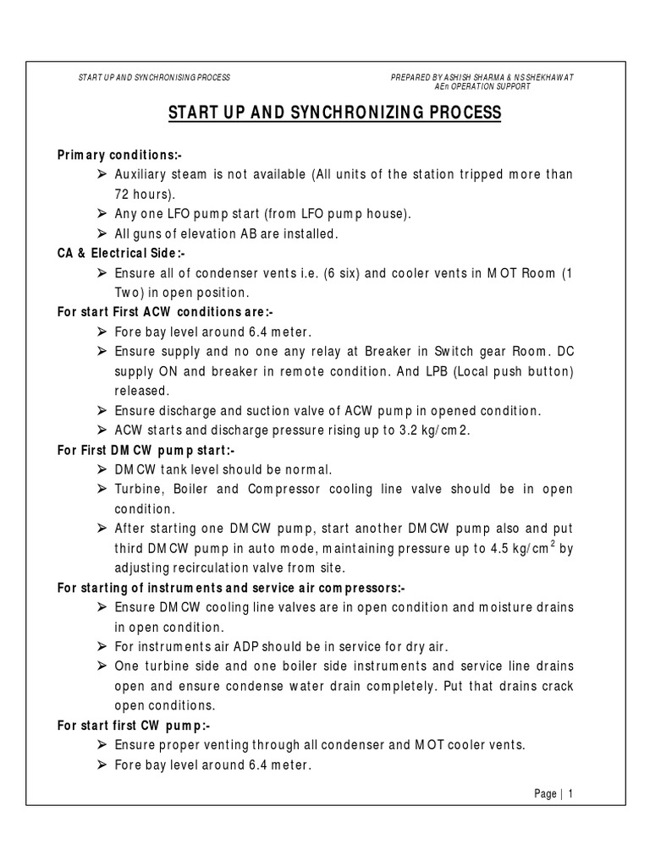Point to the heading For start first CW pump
point(133,725)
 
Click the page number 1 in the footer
point(570,793)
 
